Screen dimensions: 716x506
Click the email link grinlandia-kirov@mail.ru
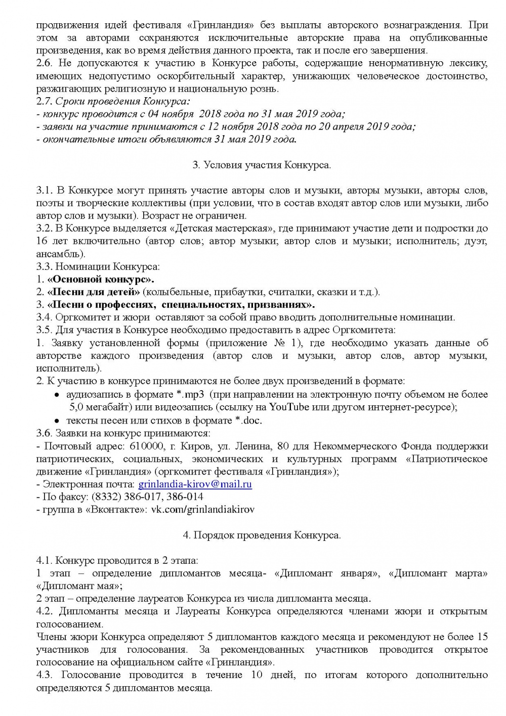pyautogui.click(x=195, y=484)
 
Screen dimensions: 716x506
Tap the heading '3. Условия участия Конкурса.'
pyautogui.click(x=262, y=165)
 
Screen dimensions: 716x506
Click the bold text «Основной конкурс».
pyautogui.click(x=101, y=279)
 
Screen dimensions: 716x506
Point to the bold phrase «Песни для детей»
pyautogui.click(x=94, y=292)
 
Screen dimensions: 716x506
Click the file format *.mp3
pyautogui.click(x=189, y=394)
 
